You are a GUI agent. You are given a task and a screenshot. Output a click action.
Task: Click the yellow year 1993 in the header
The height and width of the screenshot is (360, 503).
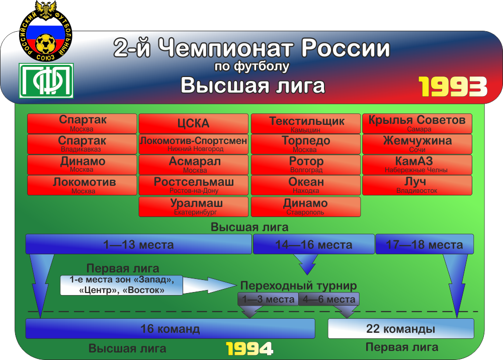[x=453, y=87]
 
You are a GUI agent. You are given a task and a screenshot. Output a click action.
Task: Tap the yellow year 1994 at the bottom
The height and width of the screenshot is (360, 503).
[x=249, y=349]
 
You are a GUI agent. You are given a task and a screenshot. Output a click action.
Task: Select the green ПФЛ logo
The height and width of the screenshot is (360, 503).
[x=46, y=81]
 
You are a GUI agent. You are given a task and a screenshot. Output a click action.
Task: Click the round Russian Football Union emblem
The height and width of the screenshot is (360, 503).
[x=46, y=31]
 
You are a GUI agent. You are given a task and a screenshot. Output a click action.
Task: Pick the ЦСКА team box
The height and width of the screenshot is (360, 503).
[x=194, y=124]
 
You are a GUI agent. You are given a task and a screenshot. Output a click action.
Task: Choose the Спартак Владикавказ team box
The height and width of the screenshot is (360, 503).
[x=82, y=144]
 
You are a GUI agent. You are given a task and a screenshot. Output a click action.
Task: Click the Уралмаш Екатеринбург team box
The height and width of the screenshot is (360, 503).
[x=194, y=207]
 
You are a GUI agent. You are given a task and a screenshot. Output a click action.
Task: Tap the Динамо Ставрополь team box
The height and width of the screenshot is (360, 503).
[x=306, y=207]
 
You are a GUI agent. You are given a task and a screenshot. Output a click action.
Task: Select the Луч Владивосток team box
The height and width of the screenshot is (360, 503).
[x=417, y=185]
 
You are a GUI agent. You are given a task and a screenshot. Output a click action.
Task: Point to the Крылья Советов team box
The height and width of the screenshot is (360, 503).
[x=417, y=124]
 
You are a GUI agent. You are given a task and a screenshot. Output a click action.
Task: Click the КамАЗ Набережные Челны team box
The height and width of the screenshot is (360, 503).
[x=417, y=165]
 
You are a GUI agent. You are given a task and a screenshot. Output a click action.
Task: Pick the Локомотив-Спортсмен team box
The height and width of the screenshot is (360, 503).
[x=194, y=144]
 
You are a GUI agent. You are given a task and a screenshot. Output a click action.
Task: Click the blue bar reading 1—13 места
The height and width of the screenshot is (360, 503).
[x=139, y=244]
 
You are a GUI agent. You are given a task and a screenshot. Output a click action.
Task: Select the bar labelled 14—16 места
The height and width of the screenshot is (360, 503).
[x=314, y=244]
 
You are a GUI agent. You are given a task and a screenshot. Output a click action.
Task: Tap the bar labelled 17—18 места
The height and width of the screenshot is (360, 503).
[x=425, y=244]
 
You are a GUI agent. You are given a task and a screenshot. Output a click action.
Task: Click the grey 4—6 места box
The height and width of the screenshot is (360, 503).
[x=329, y=299]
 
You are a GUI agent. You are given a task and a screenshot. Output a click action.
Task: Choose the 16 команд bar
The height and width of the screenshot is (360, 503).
[x=170, y=328]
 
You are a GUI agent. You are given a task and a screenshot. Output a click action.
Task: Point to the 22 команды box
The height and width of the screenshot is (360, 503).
[x=401, y=328]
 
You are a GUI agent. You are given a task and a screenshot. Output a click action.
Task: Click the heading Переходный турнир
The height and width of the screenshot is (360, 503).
[x=298, y=285]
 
